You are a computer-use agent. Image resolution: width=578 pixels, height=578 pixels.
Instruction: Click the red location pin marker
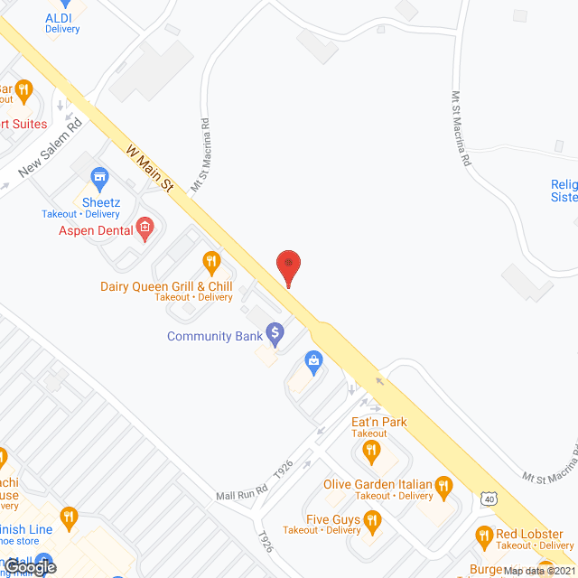(288, 267)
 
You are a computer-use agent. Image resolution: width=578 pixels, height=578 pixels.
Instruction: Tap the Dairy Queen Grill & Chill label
(166, 286)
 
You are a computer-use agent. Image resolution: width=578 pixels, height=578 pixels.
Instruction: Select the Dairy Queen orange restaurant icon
(212, 263)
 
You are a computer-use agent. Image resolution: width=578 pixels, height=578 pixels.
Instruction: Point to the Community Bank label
(214, 336)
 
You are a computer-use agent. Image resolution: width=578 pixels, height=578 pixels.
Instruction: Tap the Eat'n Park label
(379, 422)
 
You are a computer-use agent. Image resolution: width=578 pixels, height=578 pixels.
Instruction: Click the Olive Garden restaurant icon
(443, 487)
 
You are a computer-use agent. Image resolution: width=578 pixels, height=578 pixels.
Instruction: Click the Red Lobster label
(529, 534)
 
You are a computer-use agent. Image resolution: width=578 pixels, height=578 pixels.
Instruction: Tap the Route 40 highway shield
(489, 498)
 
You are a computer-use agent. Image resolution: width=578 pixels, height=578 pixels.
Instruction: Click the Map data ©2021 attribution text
(539, 571)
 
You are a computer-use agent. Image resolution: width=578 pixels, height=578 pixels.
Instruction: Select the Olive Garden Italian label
(378, 485)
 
